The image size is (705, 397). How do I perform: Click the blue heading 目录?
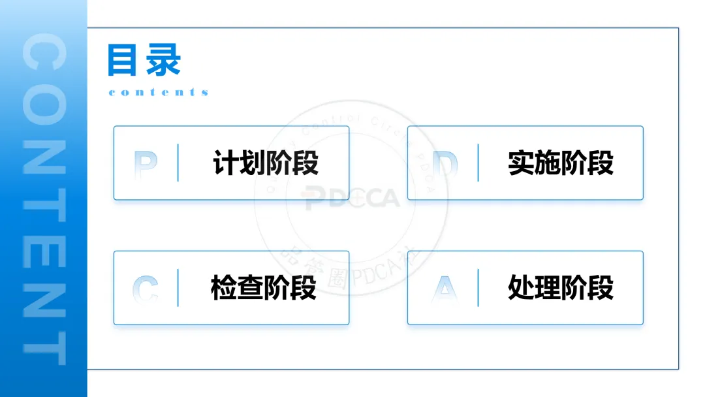click(x=144, y=61)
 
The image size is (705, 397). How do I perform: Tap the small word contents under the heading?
click(x=158, y=92)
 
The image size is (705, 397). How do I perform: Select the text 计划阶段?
click(x=266, y=163)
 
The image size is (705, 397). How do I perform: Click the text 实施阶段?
click(x=561, y=163)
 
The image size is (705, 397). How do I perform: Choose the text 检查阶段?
click(x=264, y=287)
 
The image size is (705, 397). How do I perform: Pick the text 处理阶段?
click(x=561, y=287)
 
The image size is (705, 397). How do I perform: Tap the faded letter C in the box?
click(x=146, y=288)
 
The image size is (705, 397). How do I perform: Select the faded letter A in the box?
click(x=445, y=288)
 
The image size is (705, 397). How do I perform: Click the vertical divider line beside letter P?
click(x=178, y=163)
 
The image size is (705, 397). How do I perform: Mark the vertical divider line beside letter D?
click(x=478, y=163)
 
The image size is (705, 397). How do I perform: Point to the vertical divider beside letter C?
click(x=178, y=287)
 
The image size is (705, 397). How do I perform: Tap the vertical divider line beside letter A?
click(x=478, y=287)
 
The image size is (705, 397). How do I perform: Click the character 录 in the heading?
click(x=163, y=61)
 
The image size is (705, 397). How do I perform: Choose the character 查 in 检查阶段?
click(x=251, y=287)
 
